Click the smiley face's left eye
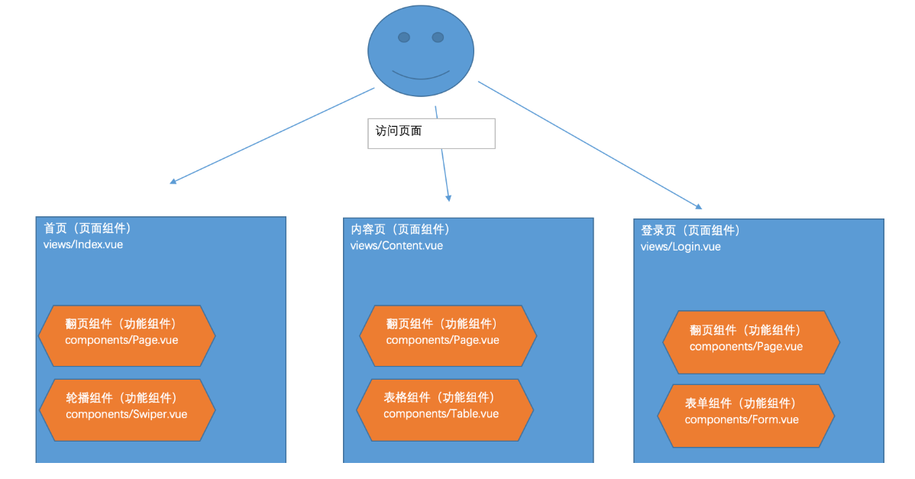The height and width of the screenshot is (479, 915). tap(404, 37)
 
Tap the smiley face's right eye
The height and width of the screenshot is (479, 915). tap(438, 37)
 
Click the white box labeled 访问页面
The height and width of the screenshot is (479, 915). tap(432, 133)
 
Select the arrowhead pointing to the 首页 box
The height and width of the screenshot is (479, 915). tap(173, 182)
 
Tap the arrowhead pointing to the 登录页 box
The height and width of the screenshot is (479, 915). tap(698, 206)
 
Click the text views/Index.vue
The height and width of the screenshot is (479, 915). tap(83, 244)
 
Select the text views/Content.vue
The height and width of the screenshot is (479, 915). tap(396, 245)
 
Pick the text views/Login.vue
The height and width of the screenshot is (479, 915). tap(681, 246)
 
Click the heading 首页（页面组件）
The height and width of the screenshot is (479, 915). tap(88, 228)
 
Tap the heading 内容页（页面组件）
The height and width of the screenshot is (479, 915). tap(400, 229)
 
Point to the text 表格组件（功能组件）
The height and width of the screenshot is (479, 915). tap(439, 397)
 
